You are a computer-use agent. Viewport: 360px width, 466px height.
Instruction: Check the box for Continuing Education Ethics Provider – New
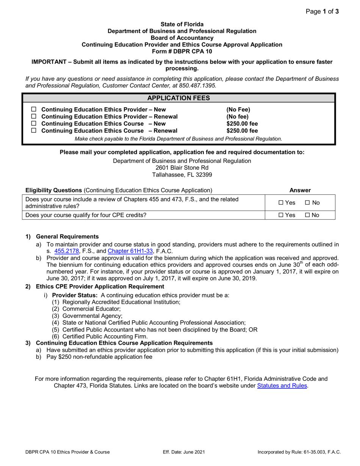[33, 109]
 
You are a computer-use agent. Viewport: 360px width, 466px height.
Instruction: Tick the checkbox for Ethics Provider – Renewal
[33, 117]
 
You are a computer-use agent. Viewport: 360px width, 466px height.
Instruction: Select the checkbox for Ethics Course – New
[33, 124]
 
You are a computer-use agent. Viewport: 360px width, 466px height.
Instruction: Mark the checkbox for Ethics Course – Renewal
[33, 131]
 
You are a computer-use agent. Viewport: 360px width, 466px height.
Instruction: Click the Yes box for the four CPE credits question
[281, 215]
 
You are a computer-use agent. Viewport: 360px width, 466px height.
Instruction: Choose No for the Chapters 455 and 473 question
[307, 203]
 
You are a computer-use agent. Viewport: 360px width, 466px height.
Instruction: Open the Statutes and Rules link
[282, 386]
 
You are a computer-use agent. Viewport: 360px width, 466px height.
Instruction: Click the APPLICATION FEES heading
[178, 98]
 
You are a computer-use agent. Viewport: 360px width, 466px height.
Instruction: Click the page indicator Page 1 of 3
[322, 11]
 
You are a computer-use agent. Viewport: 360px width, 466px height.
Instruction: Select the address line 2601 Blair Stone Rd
[182, 168]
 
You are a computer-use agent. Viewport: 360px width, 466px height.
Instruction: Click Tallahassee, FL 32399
[182, 175]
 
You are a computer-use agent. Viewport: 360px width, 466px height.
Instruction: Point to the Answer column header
[300, 190]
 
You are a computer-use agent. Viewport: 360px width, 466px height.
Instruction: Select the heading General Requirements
[67, 237]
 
